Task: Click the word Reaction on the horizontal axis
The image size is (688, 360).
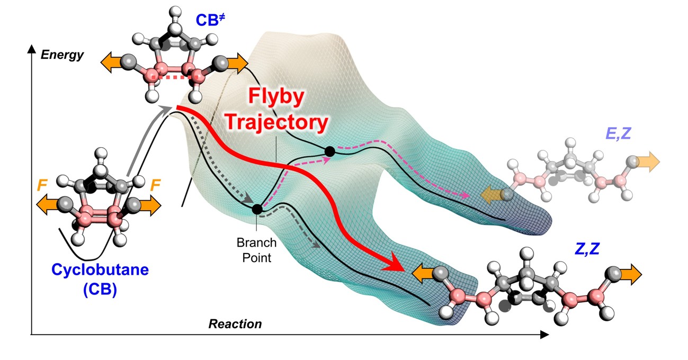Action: point(235,324)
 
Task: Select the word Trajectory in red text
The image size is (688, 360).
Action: point(275,123)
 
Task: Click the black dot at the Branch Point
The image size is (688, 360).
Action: point(257,209)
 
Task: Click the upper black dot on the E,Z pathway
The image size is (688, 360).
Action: point(329,152)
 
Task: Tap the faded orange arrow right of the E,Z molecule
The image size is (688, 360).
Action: point(647,161)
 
